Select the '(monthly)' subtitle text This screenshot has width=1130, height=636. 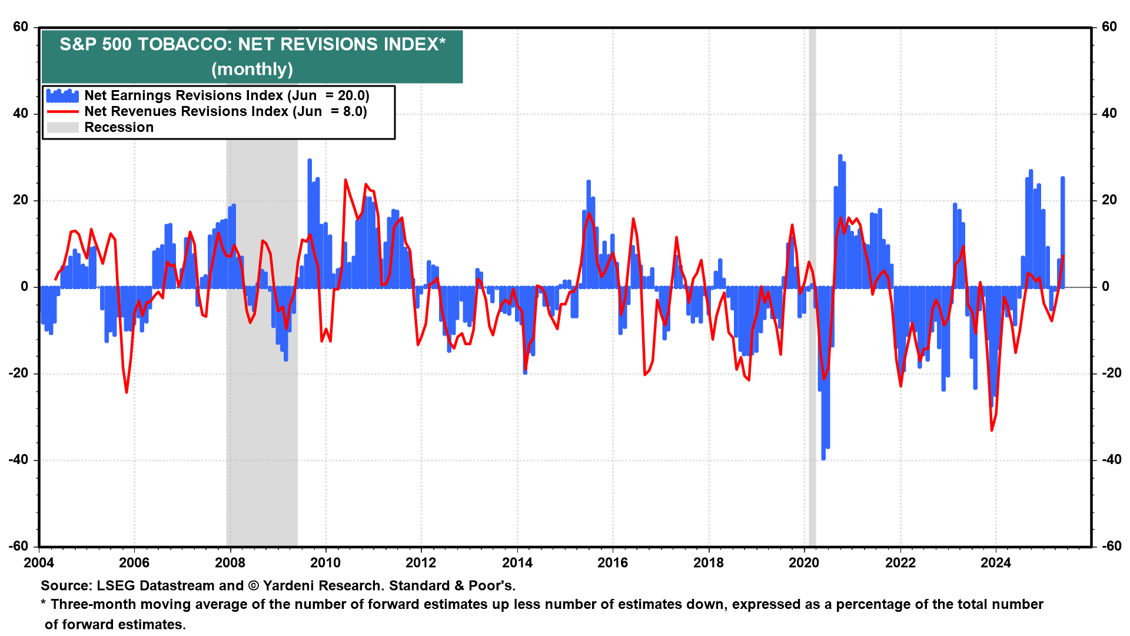pos(252,69)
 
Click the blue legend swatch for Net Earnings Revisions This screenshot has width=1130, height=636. pos(62,95)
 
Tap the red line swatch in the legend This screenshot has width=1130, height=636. pos(62,112)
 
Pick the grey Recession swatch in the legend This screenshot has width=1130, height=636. pos(62,128)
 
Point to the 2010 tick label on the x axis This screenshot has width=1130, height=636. pos(325,563)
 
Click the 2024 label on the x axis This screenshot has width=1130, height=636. pos(995,563)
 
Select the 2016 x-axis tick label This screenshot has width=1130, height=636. pos(613,563)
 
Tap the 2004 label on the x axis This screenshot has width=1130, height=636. pos(39,563)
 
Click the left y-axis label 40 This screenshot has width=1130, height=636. pos(21,114)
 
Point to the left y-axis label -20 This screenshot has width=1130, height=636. pos(19,373)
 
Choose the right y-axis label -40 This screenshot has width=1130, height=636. pos(1109,460)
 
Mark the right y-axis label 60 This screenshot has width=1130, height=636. pos(1109,27)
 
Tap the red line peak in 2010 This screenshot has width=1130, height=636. pos(345,180)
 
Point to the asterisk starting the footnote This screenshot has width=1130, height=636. pos(44,604)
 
